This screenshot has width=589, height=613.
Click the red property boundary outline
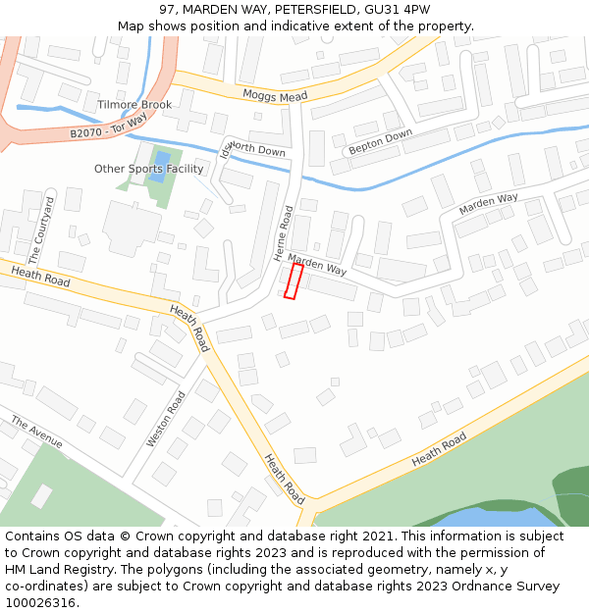coord(292,281)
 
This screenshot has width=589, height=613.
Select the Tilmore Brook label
coord(134,105)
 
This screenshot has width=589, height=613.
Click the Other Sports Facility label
coord(149,169)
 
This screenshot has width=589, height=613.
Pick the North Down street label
coord(255,150)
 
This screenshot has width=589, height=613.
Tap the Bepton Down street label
coord(380,142)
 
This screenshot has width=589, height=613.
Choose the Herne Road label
coord(283,233)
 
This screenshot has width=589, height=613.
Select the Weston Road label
coord(166,420)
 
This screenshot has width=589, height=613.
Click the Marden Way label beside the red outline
coord(317,264)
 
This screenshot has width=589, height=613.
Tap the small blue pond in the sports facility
coord(162,160)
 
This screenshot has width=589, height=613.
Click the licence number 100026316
coord(40,602)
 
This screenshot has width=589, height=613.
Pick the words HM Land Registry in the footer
coord(52,569)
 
